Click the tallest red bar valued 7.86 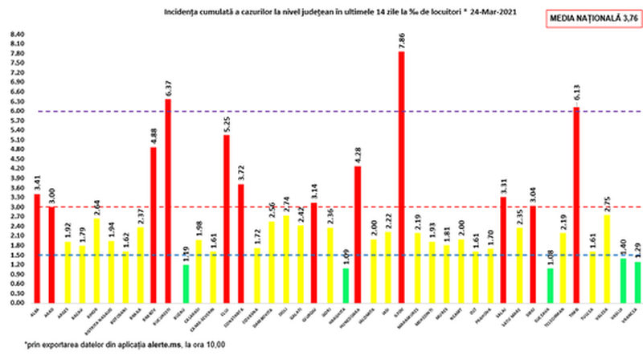(x=400, y=177)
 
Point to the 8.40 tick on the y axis (x=17, y=35)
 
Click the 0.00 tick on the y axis (x=17, y=304)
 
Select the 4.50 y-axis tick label (x=17, y=159)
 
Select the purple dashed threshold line (x=321, y=111)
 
